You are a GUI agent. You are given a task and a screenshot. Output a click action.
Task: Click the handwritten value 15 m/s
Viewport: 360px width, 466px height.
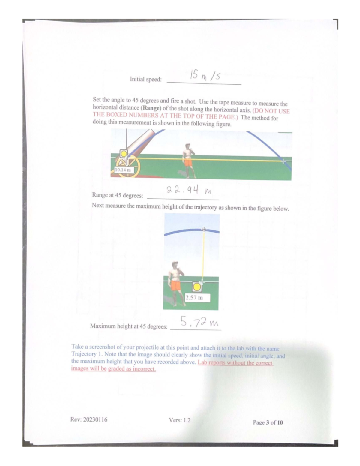(x=205, y=76)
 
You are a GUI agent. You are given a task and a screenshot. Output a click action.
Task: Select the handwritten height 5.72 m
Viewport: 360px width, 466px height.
(x=199, y=322)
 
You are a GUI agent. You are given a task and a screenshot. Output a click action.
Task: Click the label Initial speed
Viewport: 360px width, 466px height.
(x=145, y=80)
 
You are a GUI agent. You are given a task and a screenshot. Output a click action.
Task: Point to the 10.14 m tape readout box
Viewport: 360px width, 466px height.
(x=123, y=170)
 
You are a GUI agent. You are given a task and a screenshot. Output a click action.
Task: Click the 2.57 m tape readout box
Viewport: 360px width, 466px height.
(x=197, y=298)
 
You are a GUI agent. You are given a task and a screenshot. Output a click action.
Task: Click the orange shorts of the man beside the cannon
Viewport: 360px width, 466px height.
(x=188, y=162)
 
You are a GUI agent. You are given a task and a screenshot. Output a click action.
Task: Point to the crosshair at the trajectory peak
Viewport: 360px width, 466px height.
(x=204, y=229)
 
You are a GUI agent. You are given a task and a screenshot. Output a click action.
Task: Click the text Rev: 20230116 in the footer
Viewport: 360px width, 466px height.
(x=89, y=419)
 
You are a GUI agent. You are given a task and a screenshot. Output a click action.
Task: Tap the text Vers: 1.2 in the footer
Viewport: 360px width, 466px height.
(x=179, y=420)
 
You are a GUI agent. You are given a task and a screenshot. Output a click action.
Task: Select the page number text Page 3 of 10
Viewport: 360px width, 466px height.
(x=268, y=422)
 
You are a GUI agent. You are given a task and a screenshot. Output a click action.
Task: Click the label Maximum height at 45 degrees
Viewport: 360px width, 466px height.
(x=129, y=326)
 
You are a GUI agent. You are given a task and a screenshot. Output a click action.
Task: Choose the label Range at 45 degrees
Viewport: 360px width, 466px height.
(x=118, y=195)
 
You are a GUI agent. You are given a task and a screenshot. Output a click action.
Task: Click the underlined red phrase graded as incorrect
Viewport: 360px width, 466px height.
(x=132, y=369)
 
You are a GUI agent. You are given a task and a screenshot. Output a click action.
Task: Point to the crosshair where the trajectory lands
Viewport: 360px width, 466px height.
(x=283, y=161)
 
